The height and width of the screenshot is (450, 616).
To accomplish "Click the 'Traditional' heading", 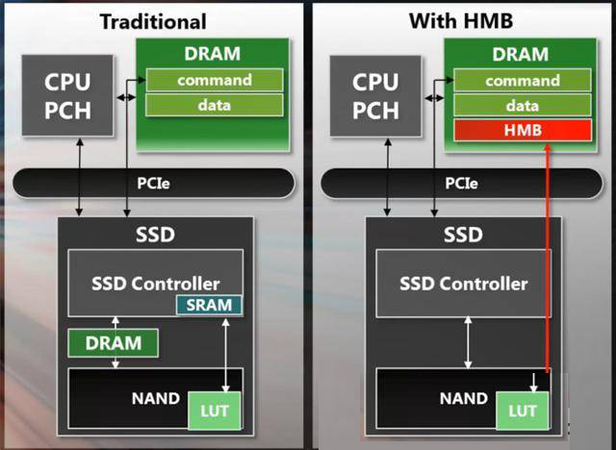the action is click(153, 21).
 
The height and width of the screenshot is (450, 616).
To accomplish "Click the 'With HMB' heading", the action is click(461, 20).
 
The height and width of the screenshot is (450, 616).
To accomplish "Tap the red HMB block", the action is click(523, 130).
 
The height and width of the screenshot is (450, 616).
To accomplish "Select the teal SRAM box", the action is click(209, 305).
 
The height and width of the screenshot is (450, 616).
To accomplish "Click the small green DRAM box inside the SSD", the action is click(114, 343).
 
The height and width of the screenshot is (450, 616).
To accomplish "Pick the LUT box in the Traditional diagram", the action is click(215, 411).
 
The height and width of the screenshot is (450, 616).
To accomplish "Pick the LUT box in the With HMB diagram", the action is click(523, 411).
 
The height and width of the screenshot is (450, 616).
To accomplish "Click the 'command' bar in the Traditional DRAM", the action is click(215, 81).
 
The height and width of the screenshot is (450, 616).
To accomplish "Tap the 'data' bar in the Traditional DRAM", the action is click(215, 105).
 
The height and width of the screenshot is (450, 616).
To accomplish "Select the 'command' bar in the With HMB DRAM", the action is click(523, 81).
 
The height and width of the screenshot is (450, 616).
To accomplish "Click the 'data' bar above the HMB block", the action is click(523, 106).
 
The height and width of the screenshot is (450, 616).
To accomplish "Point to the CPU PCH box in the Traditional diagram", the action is click(67, 96).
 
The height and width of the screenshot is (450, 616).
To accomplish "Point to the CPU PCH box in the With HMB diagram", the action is click(375, 96).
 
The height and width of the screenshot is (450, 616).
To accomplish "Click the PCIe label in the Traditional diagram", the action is click(153, 184).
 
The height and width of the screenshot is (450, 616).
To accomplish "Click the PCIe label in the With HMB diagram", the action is click(461, 184).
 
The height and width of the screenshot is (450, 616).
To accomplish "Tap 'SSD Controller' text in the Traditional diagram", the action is click(156, 284).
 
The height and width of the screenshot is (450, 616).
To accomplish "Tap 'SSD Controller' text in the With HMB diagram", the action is click(464, 284).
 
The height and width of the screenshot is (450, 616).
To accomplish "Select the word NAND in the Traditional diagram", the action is click(156, 399).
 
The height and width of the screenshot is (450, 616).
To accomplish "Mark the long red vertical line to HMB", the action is click(548, 258).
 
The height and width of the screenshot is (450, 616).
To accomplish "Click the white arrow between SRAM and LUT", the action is click(225, 355).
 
